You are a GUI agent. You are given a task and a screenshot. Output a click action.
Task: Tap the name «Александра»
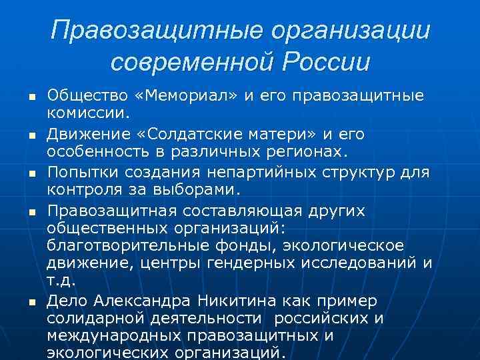(137, 301)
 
